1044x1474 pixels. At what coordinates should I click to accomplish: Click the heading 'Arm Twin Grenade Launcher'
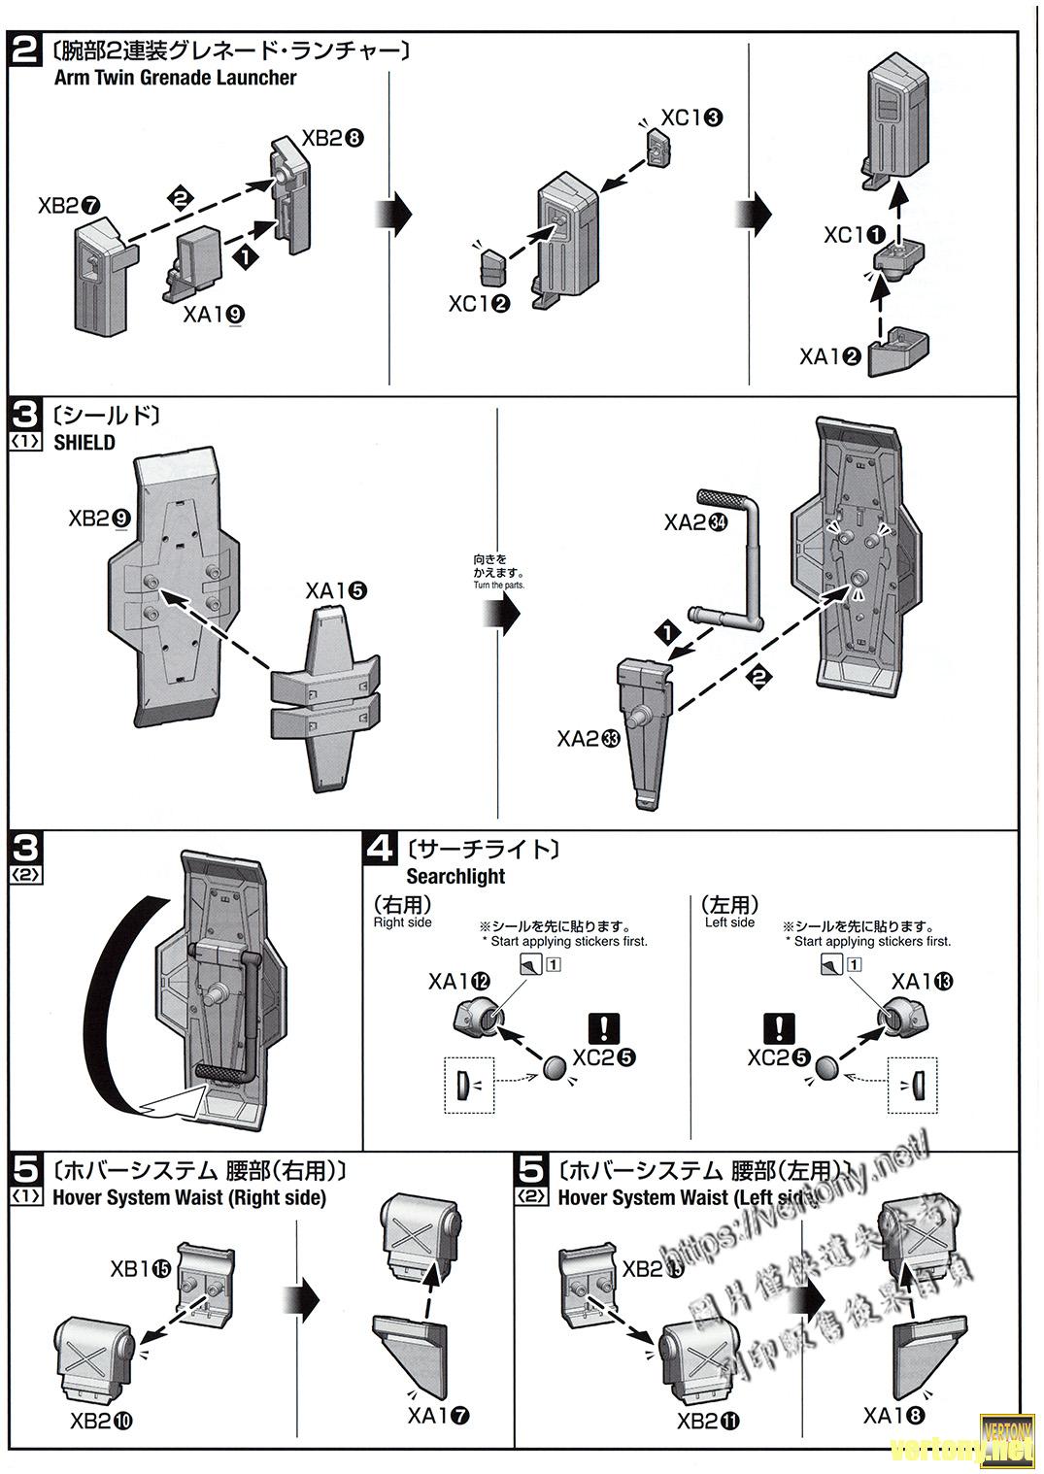[175, 78]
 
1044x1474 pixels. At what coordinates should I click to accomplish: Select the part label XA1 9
[213, 314]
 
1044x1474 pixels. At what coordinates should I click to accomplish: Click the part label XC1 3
[691, 117]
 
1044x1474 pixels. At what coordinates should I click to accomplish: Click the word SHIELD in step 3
[84, 443]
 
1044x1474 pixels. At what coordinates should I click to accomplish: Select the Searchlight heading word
[455, 876]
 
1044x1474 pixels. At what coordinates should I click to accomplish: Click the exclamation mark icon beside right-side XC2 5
[604, 1027]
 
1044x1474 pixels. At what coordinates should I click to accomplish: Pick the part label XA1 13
[923, 982]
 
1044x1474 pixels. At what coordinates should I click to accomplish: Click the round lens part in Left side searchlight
[826, 1068]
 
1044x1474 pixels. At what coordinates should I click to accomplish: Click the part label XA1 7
[439, 1416]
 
